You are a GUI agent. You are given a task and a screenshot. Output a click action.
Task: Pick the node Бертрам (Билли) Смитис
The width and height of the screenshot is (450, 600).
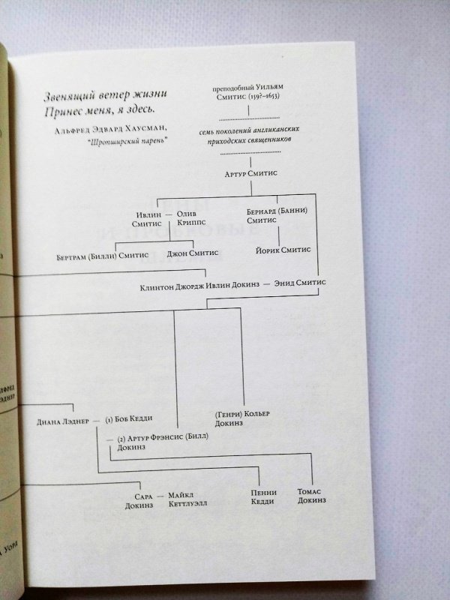(103, 255)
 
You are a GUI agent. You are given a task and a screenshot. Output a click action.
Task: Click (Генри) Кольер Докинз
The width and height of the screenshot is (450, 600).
(241, 418)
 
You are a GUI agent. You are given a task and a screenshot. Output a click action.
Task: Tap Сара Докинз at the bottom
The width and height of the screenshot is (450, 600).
(139, 500)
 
